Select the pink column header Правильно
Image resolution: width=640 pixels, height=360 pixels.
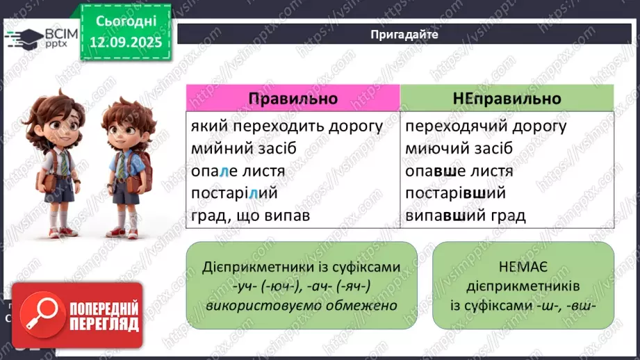[293, 98]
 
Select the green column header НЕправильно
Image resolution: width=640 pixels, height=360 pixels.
[507, 98]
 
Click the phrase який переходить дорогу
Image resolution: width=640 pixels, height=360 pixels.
[286, 126]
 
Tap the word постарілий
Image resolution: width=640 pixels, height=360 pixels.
[233, 193]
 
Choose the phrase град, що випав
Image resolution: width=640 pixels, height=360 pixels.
[249, 215]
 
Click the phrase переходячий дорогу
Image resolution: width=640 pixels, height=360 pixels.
[486, 126]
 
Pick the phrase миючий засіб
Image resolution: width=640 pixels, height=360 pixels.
[459, 149]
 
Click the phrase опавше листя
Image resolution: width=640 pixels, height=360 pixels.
[459, 171]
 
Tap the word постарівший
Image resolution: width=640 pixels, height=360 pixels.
[455, 193]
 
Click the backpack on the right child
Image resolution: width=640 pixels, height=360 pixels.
[144, 167]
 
